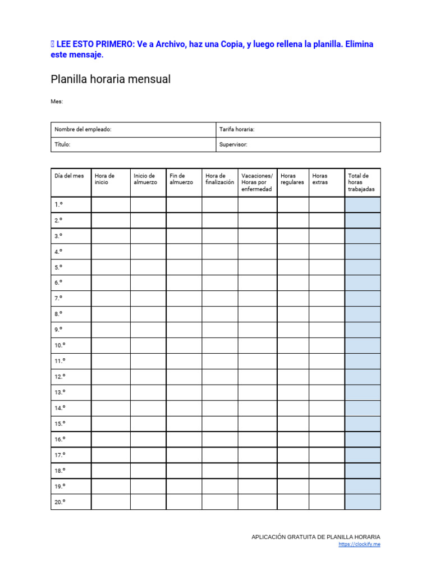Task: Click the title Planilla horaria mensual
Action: (x=111, y=80)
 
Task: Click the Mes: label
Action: (x=57, y=102)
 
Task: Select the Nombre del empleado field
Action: (x=133, y=130)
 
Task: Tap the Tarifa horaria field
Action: (x=298, y=130)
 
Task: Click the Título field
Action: (x=133, y=144)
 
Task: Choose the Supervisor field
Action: (x=298, y=144)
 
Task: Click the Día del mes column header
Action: (x=70, y=176)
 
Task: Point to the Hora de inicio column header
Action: (x=105, y=179)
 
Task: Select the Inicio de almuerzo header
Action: (x=145, y=179)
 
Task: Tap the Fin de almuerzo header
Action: (x=181, y=179)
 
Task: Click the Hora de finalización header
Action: (x=219, y=179)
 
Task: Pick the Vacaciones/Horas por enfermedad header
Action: (x=257, y=182)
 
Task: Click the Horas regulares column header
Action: (x=292, y=179)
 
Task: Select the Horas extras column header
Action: (x=320, y=179)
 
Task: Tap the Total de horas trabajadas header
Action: (x=361, y=182)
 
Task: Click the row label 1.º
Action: (x=58, y=205)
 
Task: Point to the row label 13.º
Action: (x=59, y=392)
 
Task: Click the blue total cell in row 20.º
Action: (x=363, y=502)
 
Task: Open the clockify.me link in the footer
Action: (x=359, y=545)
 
